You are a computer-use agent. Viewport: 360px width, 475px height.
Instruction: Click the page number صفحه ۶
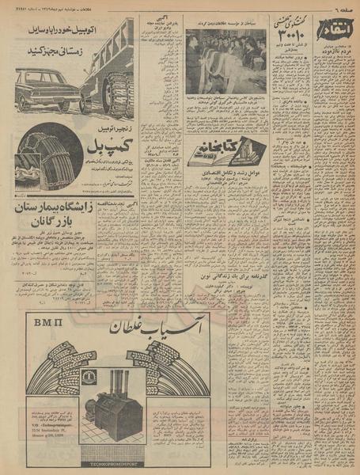click(x=340, y=7)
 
